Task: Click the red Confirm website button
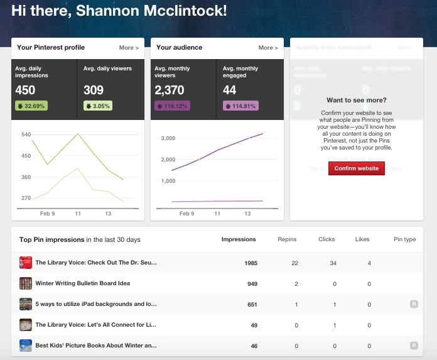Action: coord(356,168)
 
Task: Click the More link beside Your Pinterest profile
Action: coord(129,48)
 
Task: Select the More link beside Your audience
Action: coord(268,48)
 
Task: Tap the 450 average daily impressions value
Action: coord(26,90)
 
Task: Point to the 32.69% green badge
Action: coord(31,106)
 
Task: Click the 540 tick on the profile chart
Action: coord(26,134)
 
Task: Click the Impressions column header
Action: coord(239,239)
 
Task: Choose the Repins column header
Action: coord(287,239)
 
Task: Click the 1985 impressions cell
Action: coord(250,263)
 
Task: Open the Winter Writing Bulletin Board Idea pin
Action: coord(82,283)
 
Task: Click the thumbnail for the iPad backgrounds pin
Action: coord(26,304)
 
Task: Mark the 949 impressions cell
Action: coord(252,283)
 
